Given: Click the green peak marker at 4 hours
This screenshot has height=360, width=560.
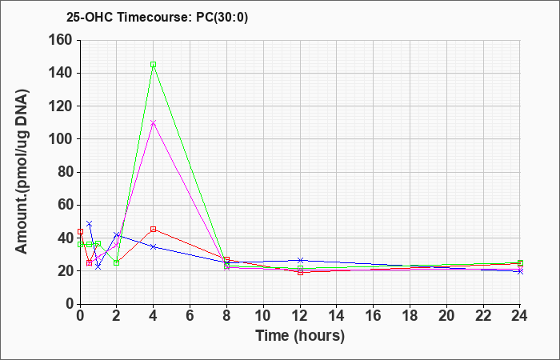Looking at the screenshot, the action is coord(154,65).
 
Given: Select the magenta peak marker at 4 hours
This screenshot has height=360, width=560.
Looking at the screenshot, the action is coord(154,123).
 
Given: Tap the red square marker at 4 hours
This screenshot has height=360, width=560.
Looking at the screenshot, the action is coord(154,229).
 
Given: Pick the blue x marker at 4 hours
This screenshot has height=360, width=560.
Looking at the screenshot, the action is coord(154,246).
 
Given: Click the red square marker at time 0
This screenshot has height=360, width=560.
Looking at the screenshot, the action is coord(80,231).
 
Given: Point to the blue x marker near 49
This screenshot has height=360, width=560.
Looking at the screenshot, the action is coord(90,223).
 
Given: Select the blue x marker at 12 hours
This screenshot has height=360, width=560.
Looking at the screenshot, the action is coord(300,260).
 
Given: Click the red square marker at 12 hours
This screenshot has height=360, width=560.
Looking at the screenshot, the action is coord(300,272).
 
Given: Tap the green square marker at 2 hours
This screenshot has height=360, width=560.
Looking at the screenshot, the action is coord(117,263).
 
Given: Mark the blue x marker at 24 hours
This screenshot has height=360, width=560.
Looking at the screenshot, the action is coord(520,271).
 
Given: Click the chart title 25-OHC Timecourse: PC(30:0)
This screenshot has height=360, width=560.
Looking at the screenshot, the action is coord(157,18).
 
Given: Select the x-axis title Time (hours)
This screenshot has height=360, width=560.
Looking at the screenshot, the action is coord(300,336).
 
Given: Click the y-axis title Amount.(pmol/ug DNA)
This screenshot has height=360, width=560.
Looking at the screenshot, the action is coord(22,171).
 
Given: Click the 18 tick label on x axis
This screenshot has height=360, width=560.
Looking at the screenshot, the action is coord(410,316).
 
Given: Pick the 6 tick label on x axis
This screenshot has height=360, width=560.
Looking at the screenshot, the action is coord(190,316).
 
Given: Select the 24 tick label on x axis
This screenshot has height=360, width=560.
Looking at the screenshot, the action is coord(520,316).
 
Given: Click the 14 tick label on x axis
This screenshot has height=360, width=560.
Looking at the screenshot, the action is coord(337,316).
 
